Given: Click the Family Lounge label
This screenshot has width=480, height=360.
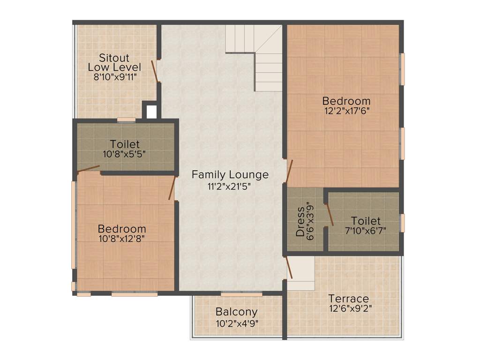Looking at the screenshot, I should coord(230,175).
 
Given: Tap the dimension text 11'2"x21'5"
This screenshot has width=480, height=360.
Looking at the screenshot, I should coord(230,186).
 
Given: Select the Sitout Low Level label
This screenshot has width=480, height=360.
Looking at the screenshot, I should coord(114,62).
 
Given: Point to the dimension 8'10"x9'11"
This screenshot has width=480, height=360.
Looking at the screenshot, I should coord(115,77).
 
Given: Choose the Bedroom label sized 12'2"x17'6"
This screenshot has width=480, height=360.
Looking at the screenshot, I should coord(346,101).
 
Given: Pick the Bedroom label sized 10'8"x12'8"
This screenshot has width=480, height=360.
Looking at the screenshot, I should coord(122,229).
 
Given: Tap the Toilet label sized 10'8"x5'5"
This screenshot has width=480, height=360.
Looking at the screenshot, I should coord(125,144).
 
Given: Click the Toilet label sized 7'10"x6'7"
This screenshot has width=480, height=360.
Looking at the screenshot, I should coord(366,221).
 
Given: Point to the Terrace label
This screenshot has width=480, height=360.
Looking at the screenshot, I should coord(348,299).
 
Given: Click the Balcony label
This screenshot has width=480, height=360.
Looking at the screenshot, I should coord(237,312).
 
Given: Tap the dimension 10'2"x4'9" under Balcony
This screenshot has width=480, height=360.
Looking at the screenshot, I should coord(237,323).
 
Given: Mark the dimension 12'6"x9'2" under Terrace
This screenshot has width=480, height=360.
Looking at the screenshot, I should coord(351,308).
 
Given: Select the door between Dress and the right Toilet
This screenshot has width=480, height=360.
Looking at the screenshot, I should coord(330,214).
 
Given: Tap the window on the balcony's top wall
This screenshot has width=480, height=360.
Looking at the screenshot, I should coord(241,294).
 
